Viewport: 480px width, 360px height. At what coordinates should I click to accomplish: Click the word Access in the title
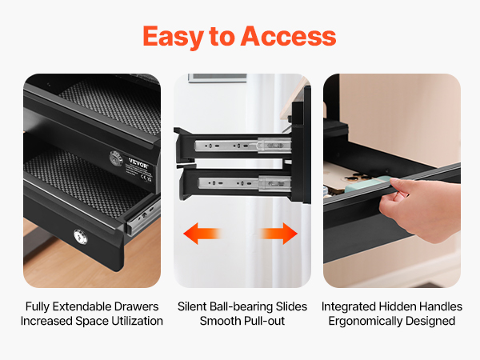pos(288,36)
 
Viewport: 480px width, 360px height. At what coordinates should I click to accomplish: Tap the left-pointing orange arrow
pos(202,234)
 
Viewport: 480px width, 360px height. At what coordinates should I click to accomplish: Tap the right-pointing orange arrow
pos(278,234)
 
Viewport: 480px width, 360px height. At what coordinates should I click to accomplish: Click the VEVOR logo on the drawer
pos(138,163)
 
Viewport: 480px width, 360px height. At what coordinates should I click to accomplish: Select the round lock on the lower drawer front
pos(81,237)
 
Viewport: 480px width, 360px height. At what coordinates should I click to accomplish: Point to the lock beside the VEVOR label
pos(116,158)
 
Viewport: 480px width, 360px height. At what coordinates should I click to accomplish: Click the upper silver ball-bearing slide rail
pos(242,146)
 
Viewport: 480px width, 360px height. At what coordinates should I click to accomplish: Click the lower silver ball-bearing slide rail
pos(244,183)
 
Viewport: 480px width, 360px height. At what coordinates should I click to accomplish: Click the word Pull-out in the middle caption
pos(264,321)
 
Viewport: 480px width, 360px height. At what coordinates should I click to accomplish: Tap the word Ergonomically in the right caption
pos(364,321)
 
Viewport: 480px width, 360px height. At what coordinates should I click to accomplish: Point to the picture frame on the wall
pos(218,78)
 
